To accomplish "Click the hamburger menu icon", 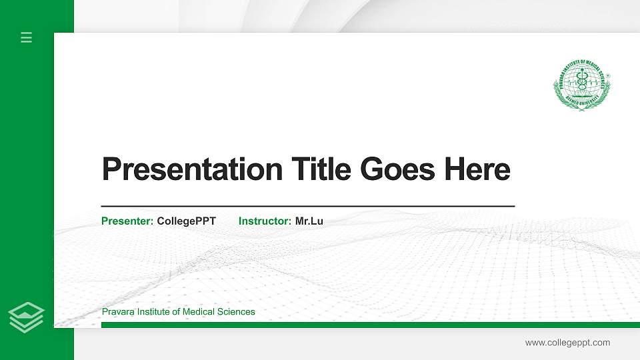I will pyautogui.click(x=27, y=37).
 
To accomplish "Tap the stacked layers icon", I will pyautogui.click(x=27, y=317).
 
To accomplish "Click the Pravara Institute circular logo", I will pyautogui.click(x=582, y=84).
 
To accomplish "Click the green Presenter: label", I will pyautogui.click(x=127, y=221).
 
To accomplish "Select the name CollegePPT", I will pyautogui.click(x=187, y=221).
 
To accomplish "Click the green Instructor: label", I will pyautogui.click(x=265, y=221).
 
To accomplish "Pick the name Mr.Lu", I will pyautogui.click(x=309, y=221).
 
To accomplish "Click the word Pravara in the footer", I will pyautogui.click(x=117, y=312).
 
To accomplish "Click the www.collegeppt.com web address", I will pyautogui.click(x=567, y=343).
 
